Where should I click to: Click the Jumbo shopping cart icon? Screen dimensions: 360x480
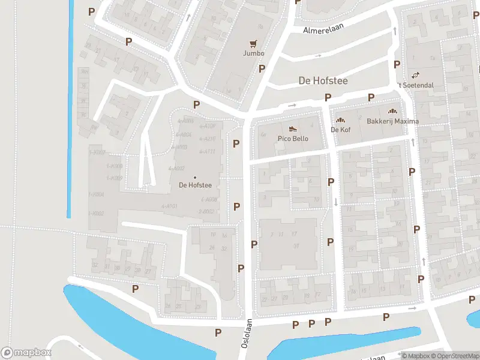(253, 43)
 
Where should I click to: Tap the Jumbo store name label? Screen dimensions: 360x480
(253, 53)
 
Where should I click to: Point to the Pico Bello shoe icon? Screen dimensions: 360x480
(293, 128)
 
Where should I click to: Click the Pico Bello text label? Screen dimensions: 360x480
(293, 139)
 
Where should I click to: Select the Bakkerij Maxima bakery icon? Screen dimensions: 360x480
(392, 111)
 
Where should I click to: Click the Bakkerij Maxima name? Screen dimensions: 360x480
(392, 121)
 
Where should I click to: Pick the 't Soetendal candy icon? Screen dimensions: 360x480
(415, 75)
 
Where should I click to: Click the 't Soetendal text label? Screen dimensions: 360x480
(415, 85)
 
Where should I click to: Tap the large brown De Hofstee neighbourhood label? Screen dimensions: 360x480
(323, 80)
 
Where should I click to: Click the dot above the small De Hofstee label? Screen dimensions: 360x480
(194, 177)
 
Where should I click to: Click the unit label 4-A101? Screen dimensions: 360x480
(169, 206)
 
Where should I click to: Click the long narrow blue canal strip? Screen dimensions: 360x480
(70, 108)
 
